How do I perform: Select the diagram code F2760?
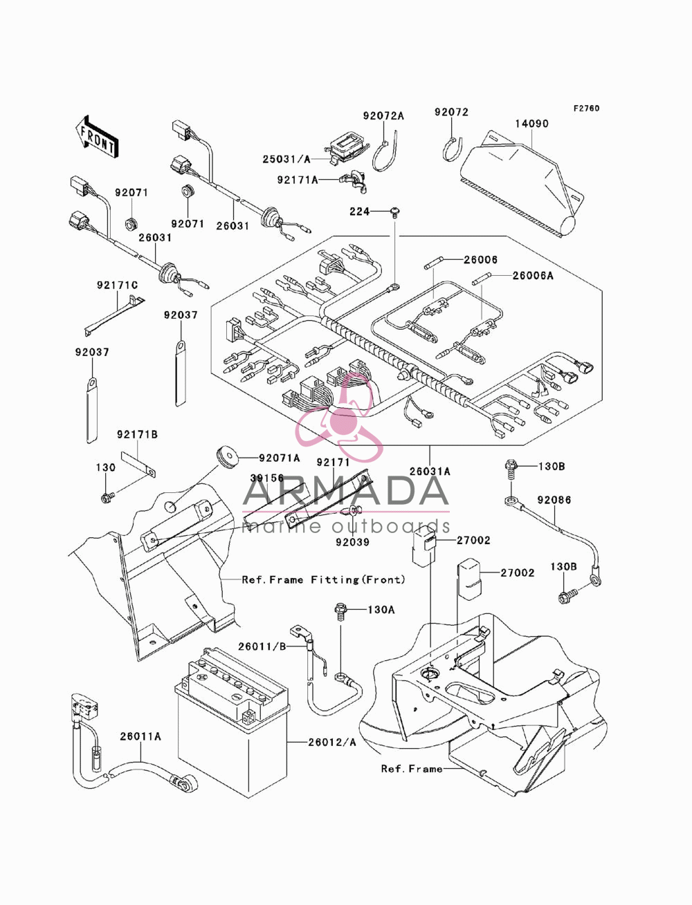click(x=586, y=109)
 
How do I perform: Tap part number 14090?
click(x=532, y=124)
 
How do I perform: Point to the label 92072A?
click(x=383, y=116)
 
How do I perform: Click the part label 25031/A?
click(x=286, y=159)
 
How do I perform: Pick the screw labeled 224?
click(x=395, y=212)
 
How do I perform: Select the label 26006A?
click(x=533, y=275)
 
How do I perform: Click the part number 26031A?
click(x=430, y=472)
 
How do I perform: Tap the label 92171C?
click(x=118, y=286)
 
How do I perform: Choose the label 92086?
click(x=554, y=500)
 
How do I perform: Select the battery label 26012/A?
click(x=332, y=743)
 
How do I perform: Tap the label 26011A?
click(x=140, y=736)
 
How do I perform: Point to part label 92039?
click(x=352, y=542)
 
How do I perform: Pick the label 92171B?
click(x=138, y=435)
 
